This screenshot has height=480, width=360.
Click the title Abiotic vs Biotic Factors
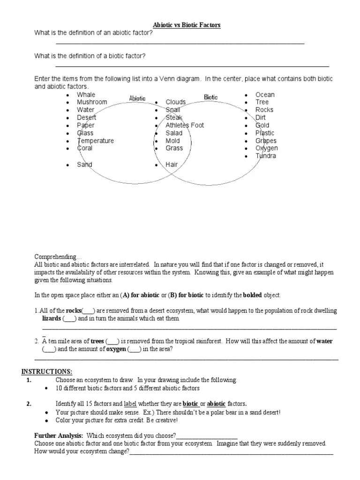click(187, 25)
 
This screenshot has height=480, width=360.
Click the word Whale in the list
click(86, 95)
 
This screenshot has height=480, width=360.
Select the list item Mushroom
click(92, 102)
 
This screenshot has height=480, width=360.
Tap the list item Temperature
click(95, 141)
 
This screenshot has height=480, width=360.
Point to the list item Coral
click(85, 148)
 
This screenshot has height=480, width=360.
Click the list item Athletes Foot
click(185, 125)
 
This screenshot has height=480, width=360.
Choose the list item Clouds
click(175, 102)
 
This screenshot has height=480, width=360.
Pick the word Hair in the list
click(172, 165)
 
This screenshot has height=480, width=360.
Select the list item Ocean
click(265, 95)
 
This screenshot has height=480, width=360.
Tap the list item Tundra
click(266, 156)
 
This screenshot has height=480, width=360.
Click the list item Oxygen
click(266, 148)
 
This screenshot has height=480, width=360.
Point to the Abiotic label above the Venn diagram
click(137, 98)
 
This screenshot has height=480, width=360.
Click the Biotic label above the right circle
click(211, 97)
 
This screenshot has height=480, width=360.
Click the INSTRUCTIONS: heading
click(46, 372)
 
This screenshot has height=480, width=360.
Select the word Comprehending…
click(58, 257)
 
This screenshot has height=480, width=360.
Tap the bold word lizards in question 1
click(52, 319)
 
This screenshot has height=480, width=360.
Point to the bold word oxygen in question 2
click(116, 349)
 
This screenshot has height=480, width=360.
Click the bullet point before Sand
click(67, 165)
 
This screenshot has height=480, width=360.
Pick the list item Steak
click(174, 118)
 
